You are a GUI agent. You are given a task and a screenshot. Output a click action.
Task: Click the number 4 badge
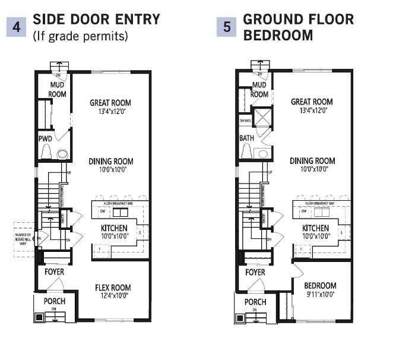16,27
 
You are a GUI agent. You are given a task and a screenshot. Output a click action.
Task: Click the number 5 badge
226,27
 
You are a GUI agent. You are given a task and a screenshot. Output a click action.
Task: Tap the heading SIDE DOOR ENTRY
96,20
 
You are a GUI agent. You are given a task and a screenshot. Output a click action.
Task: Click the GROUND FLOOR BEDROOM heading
299,27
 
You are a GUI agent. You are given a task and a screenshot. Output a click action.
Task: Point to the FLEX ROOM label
112,289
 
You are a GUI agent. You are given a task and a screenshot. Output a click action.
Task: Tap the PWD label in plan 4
46,138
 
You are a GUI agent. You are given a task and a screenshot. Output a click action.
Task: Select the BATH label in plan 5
246,138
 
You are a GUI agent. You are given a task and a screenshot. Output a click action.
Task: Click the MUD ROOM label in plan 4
58,90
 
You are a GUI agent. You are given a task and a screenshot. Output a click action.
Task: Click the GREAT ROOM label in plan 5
311,102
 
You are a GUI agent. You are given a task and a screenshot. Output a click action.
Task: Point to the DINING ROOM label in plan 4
110,161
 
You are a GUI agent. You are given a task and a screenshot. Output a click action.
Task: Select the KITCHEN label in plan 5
315,228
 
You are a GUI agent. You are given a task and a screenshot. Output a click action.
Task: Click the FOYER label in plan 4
55,271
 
